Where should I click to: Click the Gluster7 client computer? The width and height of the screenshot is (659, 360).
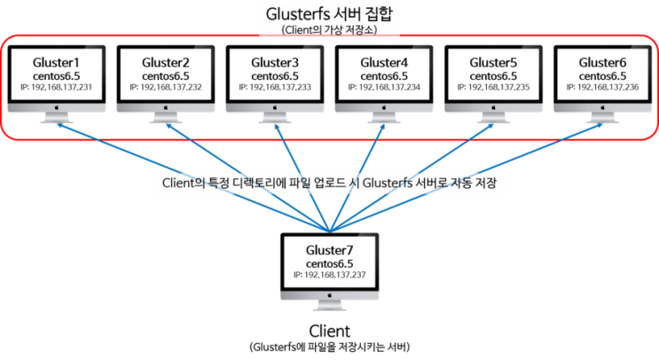pyautogui.click(x=329, y=266)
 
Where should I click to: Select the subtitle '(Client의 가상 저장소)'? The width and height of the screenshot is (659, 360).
pyautogui.click(x=329, y=29)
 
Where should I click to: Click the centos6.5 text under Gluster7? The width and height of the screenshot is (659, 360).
pyautogui.click(x=329, y=264)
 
